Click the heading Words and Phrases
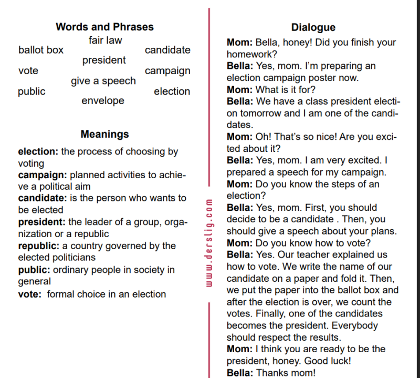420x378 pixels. (104, 27)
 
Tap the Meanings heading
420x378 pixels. (104, 135)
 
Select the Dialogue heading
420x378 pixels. (313, 27)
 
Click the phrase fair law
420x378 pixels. (105, 40)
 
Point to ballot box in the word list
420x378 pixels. (40, 50)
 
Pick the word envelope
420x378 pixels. (103, 100)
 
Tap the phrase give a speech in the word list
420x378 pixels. (103, 81)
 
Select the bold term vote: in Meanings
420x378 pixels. (29, 294)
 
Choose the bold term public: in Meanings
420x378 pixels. (34, 270)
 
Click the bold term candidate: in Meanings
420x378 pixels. (43, 198)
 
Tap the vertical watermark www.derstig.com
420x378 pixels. (208, 242)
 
